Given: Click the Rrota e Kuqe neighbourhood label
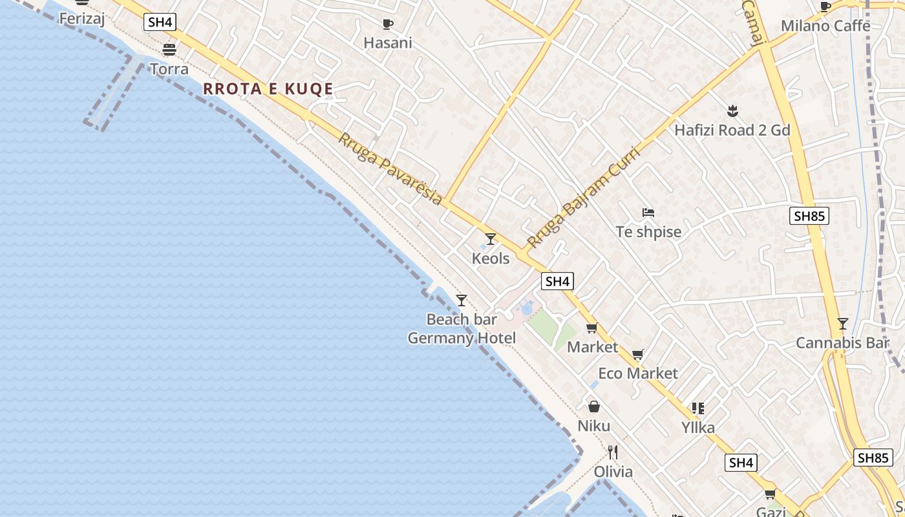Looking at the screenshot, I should pos(268,89).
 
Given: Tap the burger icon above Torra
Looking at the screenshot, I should pos(169,50).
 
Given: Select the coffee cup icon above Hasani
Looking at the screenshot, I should pos(387,25).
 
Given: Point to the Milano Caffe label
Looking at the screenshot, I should pos(825,26).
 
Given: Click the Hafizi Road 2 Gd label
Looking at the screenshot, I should pos(732,130).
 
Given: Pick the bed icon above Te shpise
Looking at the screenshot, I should pos(648,212).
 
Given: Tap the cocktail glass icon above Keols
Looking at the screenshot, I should pos(491,239).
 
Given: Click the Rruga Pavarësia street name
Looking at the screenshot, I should pos(390,169).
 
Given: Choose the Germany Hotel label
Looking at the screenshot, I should pos(462,338).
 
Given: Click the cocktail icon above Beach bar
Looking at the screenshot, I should pos(462,300).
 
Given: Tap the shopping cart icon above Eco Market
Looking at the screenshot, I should pos(637,354).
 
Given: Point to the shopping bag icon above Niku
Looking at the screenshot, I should pos(593,406).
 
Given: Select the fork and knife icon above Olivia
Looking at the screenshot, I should pos(613,452).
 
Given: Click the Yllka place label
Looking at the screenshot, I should pos(698,428).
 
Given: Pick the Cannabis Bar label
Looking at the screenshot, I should pos(842,343).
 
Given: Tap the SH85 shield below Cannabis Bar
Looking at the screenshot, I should pos(873,458).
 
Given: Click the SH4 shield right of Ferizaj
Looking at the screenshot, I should pos(160,22).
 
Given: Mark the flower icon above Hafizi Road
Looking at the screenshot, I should pos(732,111).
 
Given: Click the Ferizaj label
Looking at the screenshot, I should pos(81,18).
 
